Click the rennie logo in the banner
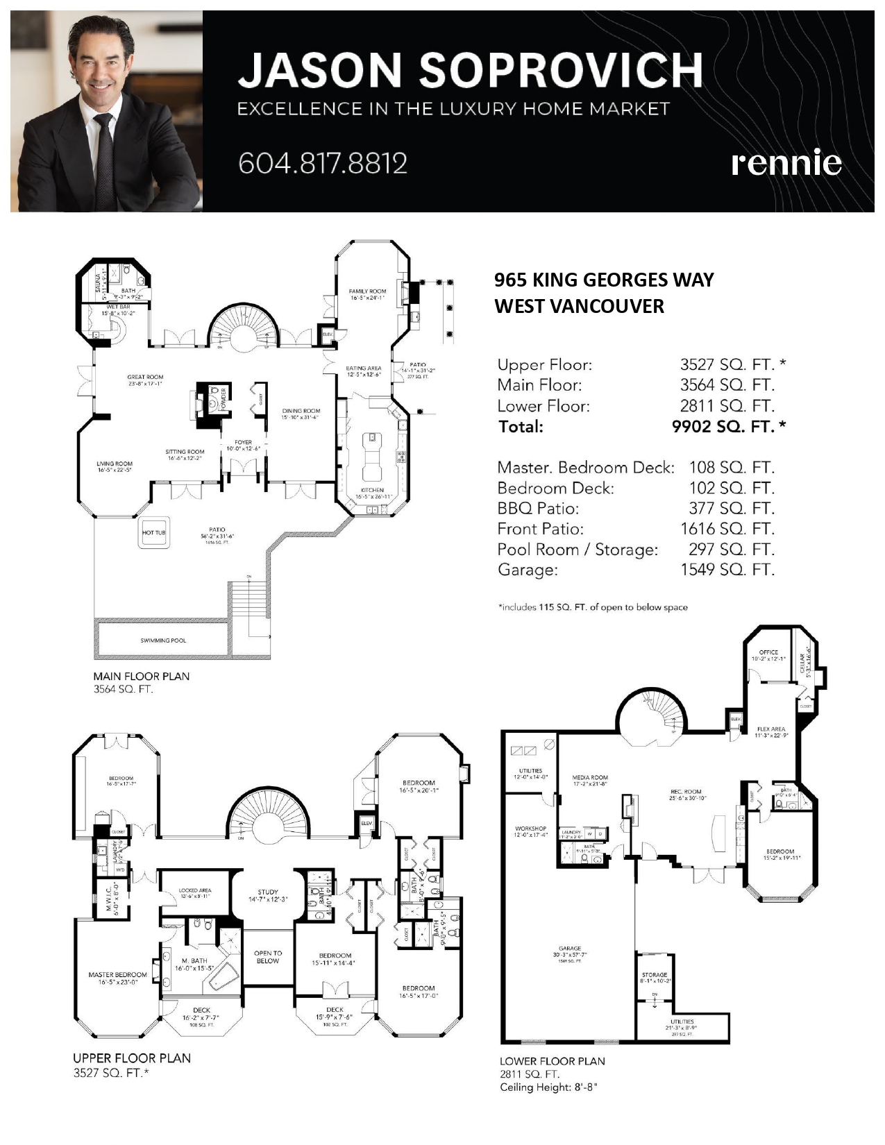click(x=786, y=163)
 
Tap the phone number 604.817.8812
click(x=323, y=164)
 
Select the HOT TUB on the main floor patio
click(x=154, y=533)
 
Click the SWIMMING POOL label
click(x=163, y=641)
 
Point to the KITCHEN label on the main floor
click(x=373, y=491)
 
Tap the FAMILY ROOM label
click(x=367, y=291)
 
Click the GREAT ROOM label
click(x=145, y=378)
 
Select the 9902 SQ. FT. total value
click(x=723, y=426)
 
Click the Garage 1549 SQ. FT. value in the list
click(x=727, y=570)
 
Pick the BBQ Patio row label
click(x=538, y=508)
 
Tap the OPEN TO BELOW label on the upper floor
click(x=268, y=957)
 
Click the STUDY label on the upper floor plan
click(x=268, y=892)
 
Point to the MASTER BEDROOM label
click(x=117, y=975)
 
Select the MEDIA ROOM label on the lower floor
click(x=590, y=778)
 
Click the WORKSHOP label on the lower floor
click(x=531, y=829)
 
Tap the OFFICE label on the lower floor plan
click(x=768, y=652)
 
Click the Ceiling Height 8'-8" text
click(x=548, y=1087)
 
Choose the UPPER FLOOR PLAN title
click(x=132, y=1058)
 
